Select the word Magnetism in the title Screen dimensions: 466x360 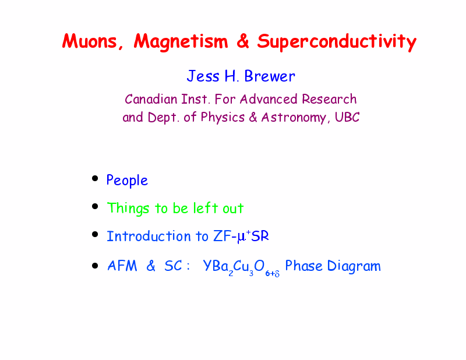pos(181,41)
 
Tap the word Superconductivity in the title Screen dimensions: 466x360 pos(337,42)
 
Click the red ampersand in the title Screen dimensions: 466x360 pos(242,41)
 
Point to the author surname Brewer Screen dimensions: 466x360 pos(270,76)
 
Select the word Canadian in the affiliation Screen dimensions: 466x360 pos(151,99)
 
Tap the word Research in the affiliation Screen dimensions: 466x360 pos(329,99)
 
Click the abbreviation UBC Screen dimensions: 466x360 pos(347,117)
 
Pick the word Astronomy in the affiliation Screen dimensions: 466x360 pos(294,118)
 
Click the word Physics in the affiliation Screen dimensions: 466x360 pos(223,118)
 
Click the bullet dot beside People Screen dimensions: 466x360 pos(95,178)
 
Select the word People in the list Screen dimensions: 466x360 pos(127,181)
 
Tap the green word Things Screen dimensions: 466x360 pos(128,209)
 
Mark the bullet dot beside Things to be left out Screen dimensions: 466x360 pos(95,206)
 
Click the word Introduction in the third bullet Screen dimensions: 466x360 pos(149,237)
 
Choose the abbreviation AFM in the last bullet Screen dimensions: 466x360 pos(122,266)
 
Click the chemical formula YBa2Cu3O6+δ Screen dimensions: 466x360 pos(241,267)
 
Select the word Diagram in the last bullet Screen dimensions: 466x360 pos(354,266)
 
